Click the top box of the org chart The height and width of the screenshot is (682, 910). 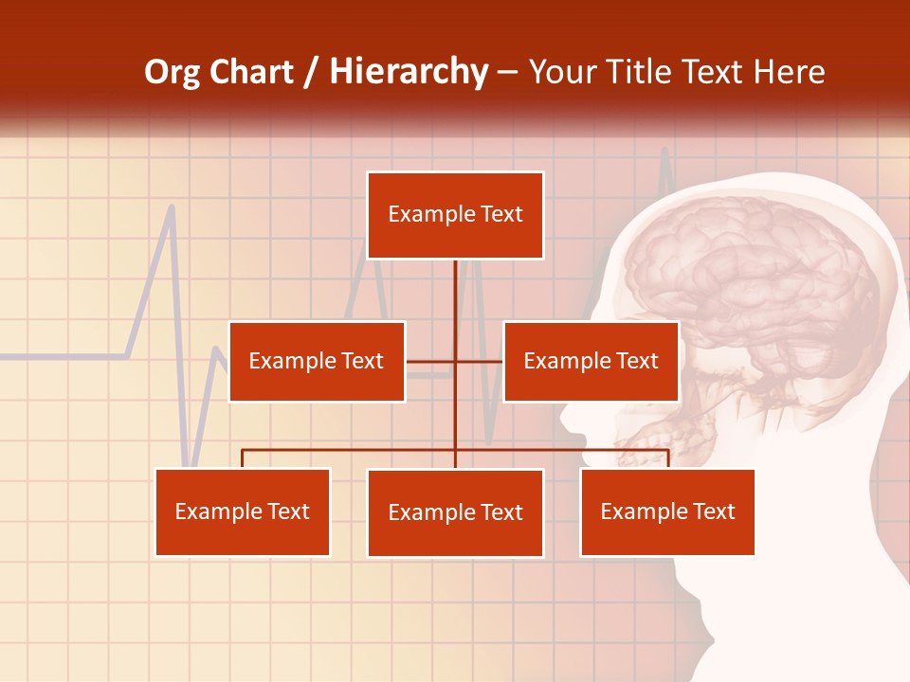(455, 215)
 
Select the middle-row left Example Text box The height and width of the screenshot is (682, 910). (317, 361)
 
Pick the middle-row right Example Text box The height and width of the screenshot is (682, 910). (591, 361)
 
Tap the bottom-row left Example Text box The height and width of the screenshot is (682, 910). (243, 511)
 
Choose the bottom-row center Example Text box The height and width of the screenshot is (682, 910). (455, 512)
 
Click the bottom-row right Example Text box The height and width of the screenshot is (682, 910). (667, 511)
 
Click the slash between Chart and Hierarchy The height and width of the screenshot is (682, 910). (311, 73)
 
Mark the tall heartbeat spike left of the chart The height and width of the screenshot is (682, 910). (171, 213)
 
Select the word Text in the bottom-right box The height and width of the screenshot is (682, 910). (713, 511)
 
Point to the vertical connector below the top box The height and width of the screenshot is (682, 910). (455, 303)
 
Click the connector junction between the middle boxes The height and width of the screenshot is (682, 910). (455, 361)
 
